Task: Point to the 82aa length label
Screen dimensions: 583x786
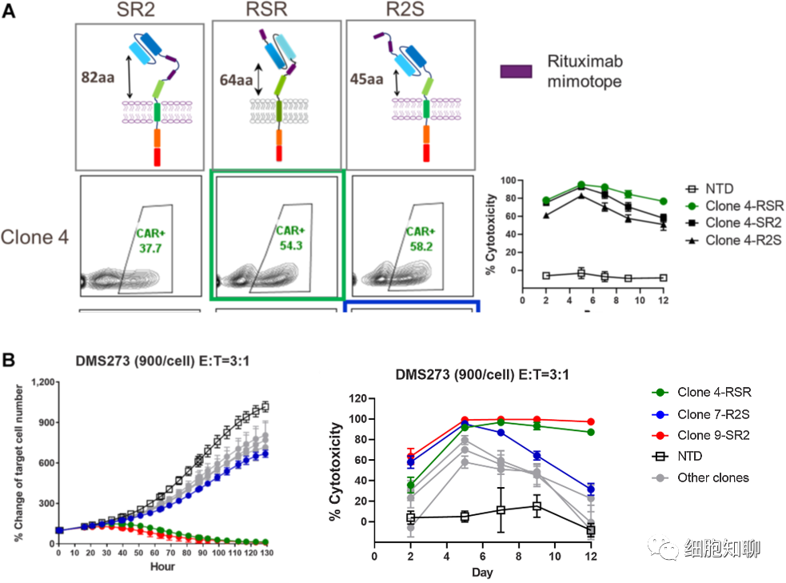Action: click(x=97, y=78)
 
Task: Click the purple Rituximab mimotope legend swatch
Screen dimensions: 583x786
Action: click(x=516, y=71)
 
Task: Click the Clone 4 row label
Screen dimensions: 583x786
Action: click(x=34, y=237)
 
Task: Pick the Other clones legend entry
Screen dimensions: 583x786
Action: click(x=703, y=477)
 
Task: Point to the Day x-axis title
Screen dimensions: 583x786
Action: click(x=481, y=572)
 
